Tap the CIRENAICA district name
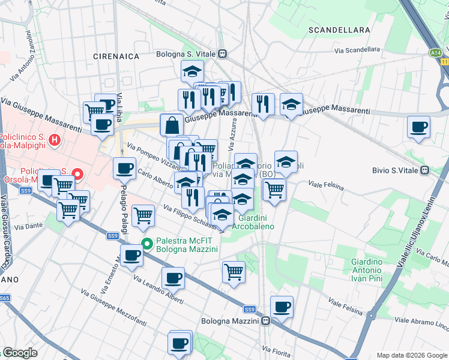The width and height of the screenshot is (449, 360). click(116, 56)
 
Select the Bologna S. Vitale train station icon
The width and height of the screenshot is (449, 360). click(223, 54)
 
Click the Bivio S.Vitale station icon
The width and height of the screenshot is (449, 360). click(424, 170)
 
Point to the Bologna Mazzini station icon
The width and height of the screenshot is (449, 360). click(264, 320)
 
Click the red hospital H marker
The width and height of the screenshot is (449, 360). click(55, 141)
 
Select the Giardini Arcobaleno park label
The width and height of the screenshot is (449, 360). click(256, 222)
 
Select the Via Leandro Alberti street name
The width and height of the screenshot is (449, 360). click(158, 290)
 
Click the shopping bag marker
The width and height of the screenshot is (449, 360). click(172, 125)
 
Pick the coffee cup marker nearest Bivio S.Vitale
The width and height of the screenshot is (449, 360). click(418, 127)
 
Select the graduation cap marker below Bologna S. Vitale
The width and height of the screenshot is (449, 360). click(192, 71)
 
